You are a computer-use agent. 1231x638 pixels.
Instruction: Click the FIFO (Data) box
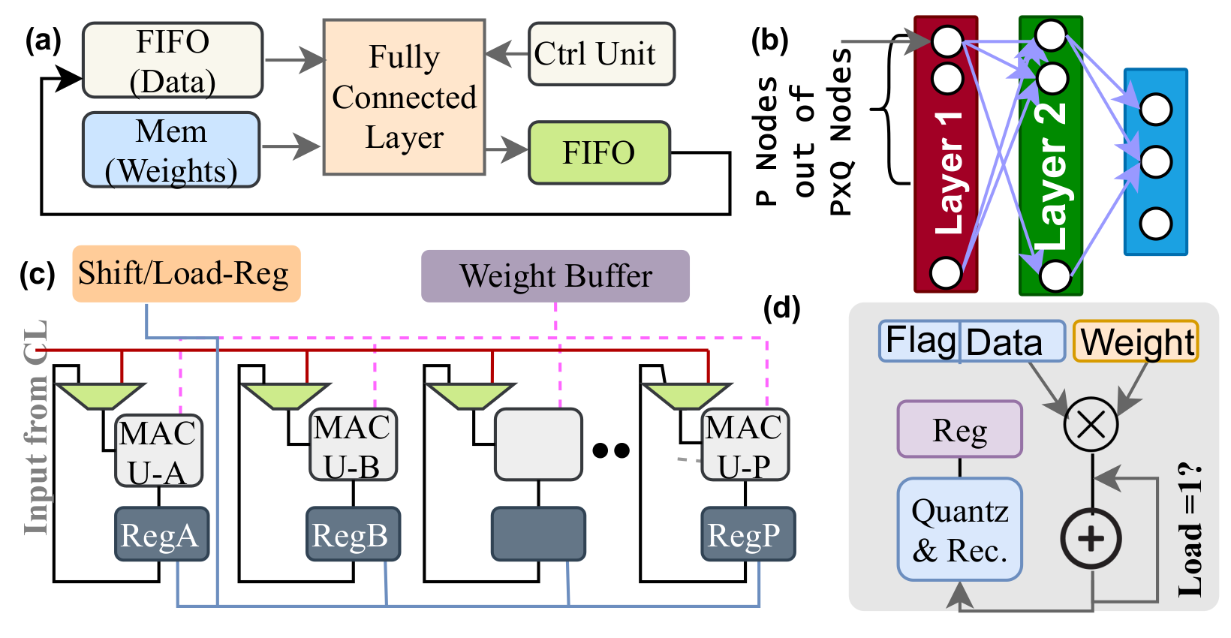(x=173, y=60)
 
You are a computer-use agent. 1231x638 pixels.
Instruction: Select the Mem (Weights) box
(x=171, y=150)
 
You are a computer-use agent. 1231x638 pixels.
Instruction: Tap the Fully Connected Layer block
(x=404, y=98)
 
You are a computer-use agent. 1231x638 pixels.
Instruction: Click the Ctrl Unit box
(x=601, y=54)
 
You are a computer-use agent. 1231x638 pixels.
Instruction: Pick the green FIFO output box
(x=599, y=153)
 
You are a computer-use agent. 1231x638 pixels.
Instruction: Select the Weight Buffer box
(x=555, y=276)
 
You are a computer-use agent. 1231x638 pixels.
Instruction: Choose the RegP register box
(x=748, y=534)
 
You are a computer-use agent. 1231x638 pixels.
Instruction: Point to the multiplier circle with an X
(x=1091, y=424)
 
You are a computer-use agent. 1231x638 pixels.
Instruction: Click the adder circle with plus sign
(x=1091, y=538)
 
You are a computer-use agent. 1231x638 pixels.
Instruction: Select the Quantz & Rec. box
(x=959, y=530)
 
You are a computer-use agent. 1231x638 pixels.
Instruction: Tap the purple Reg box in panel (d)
(x=959, y=429)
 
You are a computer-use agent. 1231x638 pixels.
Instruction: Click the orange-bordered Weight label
(x=1136, y=342)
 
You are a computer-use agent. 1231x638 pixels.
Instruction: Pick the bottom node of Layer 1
(x=946, y=272)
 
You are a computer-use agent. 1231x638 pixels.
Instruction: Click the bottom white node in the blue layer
(x=1155, y=224)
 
